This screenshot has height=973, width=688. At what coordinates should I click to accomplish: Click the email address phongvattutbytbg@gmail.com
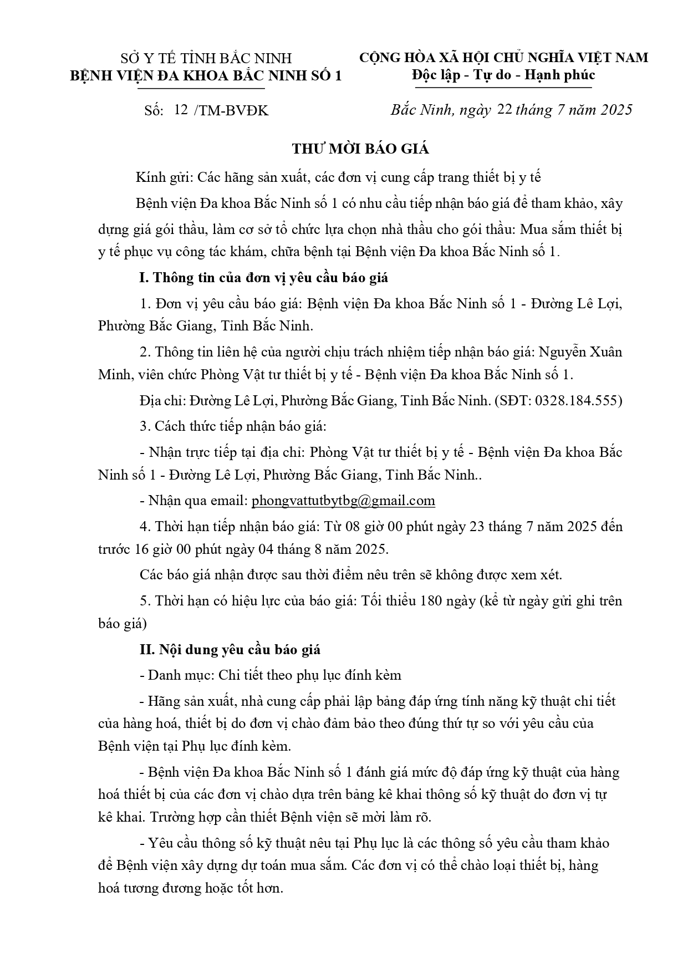343,501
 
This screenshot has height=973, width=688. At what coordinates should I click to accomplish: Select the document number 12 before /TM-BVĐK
181,110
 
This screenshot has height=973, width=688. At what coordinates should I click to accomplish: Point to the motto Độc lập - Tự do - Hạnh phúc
503,75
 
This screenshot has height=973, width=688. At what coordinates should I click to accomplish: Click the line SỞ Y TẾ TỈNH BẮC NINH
206,58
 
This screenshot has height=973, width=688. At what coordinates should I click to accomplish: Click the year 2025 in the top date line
614,110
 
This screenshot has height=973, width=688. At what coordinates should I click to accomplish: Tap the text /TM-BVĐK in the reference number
231,110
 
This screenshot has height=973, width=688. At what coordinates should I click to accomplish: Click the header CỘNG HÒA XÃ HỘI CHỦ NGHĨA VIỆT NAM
503,57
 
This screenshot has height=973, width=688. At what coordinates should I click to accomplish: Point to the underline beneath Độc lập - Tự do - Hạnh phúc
503,86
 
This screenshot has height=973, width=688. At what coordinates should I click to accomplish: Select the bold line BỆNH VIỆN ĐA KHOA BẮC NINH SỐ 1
206,75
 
